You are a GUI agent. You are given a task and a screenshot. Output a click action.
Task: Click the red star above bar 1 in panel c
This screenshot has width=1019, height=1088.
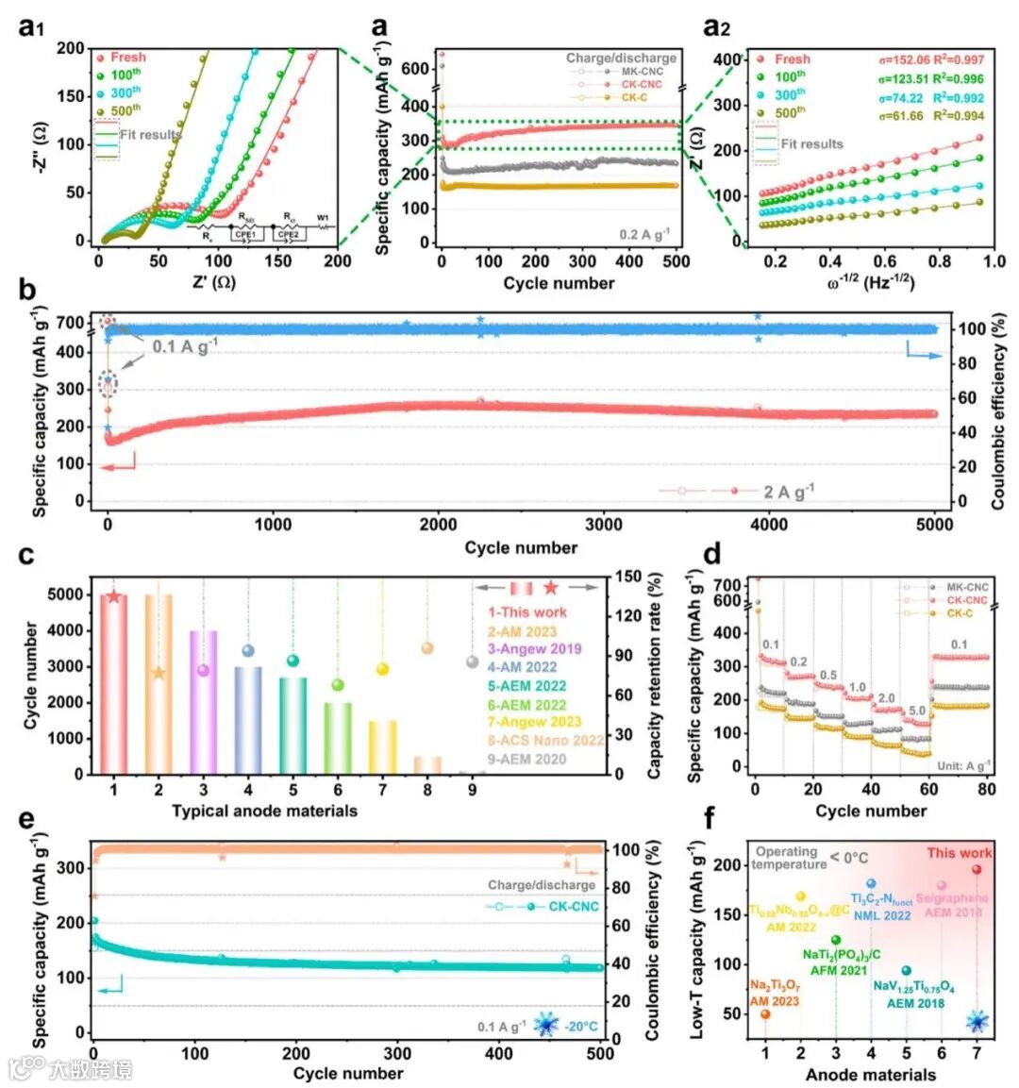(x=114, y=596)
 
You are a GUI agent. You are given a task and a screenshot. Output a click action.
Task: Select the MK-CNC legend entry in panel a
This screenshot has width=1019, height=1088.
(x=642, y=72)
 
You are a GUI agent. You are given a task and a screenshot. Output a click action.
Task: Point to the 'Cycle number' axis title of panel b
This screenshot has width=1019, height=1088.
(x=520, y=547)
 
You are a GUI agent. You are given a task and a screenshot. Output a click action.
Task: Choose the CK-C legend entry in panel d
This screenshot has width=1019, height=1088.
(x=961, y=613)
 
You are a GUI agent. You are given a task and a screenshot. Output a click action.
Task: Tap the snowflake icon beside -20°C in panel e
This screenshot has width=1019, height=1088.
(x=545, y=1024)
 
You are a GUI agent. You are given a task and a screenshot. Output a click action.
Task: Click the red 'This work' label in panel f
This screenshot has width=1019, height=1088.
(x=959, y=853)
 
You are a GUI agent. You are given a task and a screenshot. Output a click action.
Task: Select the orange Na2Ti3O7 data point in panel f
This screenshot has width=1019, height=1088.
(x=765, y=1014)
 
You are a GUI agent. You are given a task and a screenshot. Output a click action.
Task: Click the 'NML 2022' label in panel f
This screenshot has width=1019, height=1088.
(x=881, y=915)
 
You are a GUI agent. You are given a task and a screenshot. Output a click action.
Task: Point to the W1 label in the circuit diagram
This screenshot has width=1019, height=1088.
(x=323, y=218)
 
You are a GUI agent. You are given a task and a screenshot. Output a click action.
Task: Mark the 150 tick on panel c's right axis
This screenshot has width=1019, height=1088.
(x=628, y=577)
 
